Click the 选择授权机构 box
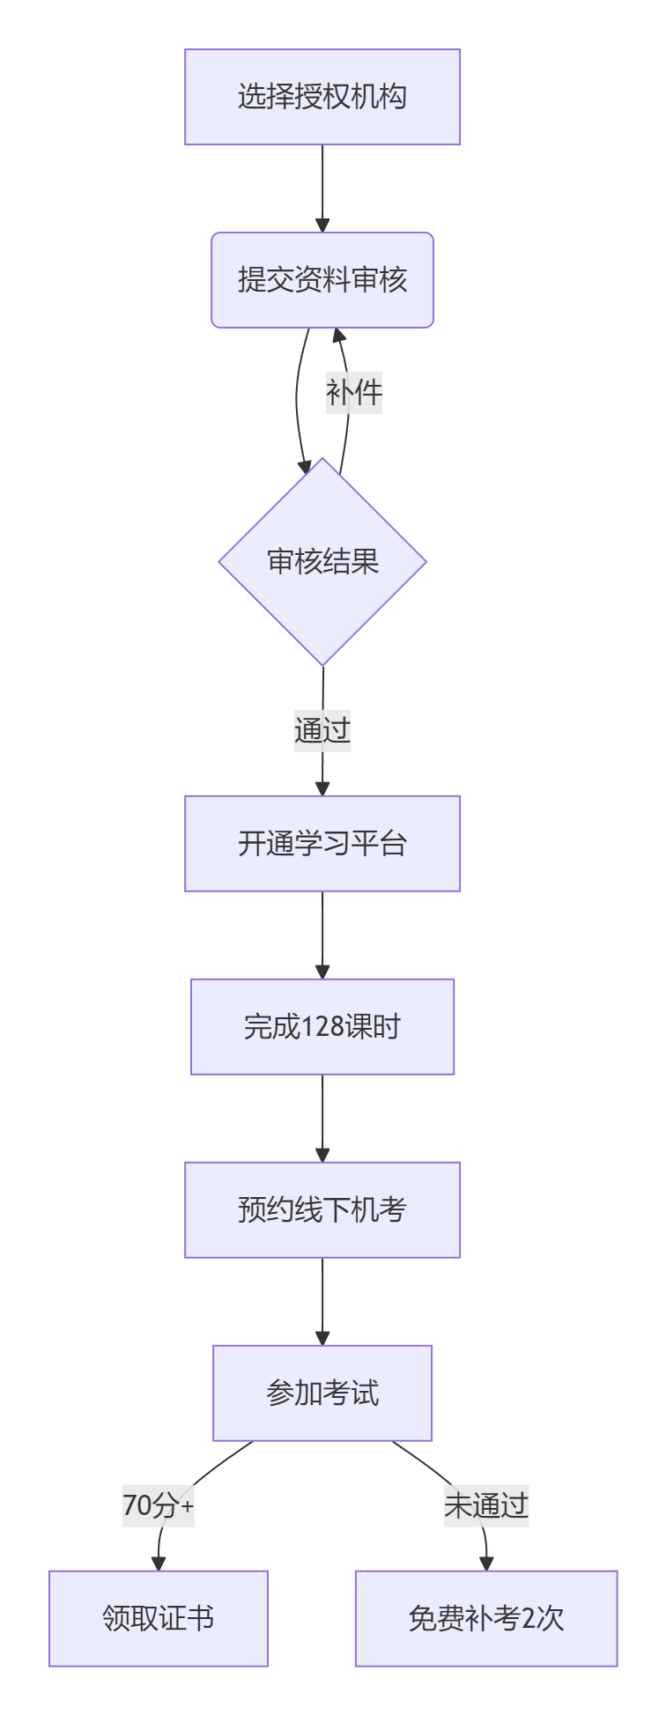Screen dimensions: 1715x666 [x=322, y=97]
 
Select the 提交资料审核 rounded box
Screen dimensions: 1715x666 [x=322, y=280]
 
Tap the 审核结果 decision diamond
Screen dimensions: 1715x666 [x=322, y=561]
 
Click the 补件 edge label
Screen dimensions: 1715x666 [x=354, y=393]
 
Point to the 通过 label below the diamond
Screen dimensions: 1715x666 [x=322, y=730]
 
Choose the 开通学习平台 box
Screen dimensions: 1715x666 [x=322, y=844]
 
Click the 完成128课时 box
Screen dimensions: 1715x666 [x=322, y=1027]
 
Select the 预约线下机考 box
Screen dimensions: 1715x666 [x=322, y=1210]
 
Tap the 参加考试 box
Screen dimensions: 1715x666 [x=322, y=1393]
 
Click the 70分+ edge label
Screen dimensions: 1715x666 [x=159, y=1506]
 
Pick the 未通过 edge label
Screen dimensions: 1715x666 [x=486, y=1506]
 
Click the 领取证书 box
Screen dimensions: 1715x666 [x=159, y=1619]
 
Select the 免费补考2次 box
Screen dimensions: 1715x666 [x=486, y=1619]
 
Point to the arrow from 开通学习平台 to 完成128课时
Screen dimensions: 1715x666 [x=322, y=935]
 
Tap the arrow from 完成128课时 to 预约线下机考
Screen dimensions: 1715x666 [x=322, y=1118]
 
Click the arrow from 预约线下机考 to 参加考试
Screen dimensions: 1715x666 [x=322, y=1301]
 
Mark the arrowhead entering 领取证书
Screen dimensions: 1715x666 [x=159, y=1563]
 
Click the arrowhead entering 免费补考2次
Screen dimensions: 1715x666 [x=486, y=1563]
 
